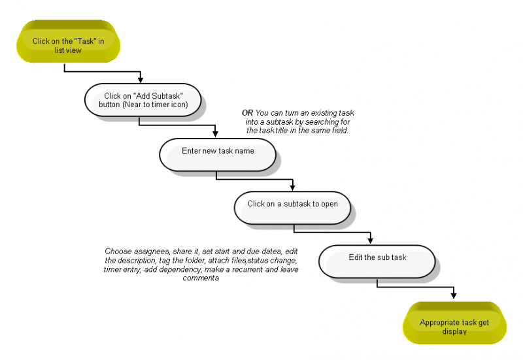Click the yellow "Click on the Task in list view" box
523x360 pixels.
(69, 41)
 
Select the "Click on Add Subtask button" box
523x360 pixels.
(143, 100)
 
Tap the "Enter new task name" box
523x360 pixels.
(218, 155)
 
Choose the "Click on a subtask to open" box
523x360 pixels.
(292, 208)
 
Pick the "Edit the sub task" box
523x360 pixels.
(377, 261)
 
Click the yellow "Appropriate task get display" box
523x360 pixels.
(454, 323)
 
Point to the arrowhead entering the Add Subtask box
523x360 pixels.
(141, 80)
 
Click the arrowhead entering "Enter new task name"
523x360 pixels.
(215, 135)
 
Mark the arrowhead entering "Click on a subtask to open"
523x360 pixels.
(292, 188)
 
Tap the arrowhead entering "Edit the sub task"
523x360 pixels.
(370, 241)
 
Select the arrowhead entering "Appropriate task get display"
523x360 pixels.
(454, 295)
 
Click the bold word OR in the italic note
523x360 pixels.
(248, 113)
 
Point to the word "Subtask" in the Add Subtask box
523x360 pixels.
(168, 96)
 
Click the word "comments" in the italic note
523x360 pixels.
(201, 278)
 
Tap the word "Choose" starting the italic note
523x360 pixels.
(118, 252)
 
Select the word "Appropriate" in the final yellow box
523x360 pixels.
(437, 323)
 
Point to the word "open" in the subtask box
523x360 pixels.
(329, 204)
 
